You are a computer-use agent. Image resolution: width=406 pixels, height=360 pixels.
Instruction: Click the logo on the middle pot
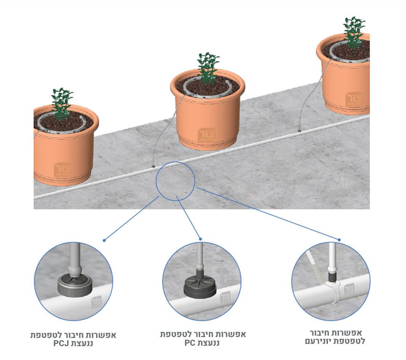[206, 135]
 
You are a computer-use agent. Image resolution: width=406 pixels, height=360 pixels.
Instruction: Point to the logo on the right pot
[354, 99]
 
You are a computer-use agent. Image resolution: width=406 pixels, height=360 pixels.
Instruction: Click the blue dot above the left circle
[104, 240]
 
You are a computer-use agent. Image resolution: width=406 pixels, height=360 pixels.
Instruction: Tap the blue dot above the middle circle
[201, 239]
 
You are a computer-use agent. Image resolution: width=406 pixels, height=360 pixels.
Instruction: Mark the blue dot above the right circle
[339, 240]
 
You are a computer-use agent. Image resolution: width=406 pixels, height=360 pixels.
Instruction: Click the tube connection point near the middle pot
[153, 166]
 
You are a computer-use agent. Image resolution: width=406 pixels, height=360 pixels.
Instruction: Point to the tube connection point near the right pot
[299, 131]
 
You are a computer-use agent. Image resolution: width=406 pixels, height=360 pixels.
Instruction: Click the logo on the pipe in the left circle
[96, 302]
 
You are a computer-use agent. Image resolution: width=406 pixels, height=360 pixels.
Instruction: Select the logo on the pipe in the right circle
[350, 289]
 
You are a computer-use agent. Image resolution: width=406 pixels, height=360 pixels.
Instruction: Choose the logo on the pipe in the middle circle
[225, 297]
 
